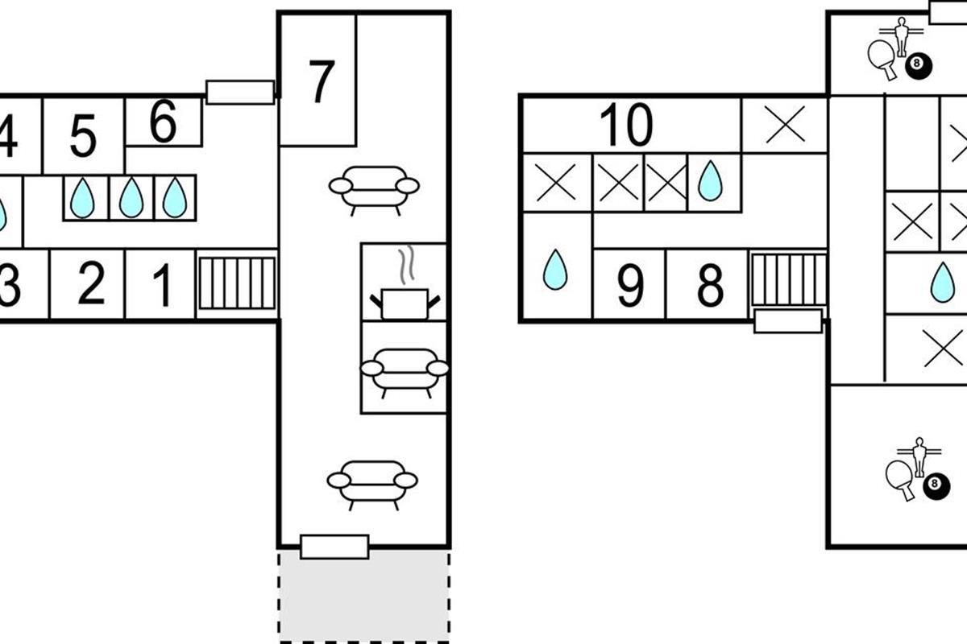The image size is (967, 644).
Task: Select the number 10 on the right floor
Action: point(625,125)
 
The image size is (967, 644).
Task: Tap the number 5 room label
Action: point(83,137)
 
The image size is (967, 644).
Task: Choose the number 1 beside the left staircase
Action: point(162,286)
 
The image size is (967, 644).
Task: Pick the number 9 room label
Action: point(629,286)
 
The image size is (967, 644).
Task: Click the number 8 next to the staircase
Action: point(709,286)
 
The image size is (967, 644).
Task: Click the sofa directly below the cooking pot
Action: point(404,370)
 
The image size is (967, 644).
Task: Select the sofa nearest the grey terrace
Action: point(372,483)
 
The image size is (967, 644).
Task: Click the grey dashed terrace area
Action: point(364,596)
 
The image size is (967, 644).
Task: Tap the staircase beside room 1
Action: point(237,283)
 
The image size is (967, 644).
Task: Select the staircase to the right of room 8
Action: point(788,280)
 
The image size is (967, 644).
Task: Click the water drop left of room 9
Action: point(555,270)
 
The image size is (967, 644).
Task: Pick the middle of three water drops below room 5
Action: point(131,198)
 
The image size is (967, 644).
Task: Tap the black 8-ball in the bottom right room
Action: point(934,485)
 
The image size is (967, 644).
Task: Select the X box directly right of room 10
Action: point(785,125)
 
